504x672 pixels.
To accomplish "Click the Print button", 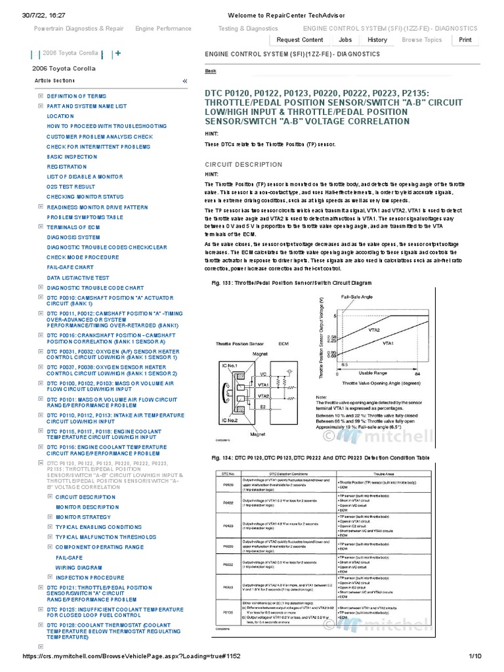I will pos(465,39).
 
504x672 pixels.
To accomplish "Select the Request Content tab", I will pos(300,39).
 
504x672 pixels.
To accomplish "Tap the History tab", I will pos(377,39).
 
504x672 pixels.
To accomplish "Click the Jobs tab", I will pos(345,39).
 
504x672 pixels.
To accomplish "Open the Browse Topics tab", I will pos(422,39).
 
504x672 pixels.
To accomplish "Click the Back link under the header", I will pos(211,71).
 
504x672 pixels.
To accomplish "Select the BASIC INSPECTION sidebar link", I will pos(72,157).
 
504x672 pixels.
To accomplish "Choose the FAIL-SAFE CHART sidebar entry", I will pos(70,267).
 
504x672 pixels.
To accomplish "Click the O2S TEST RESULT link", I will pos(71,186).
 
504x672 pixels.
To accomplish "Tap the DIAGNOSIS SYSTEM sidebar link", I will pos(73,237).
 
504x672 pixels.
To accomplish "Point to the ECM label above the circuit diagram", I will pos(283,343).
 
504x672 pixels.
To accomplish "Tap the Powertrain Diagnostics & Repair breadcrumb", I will pos(79,29).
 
